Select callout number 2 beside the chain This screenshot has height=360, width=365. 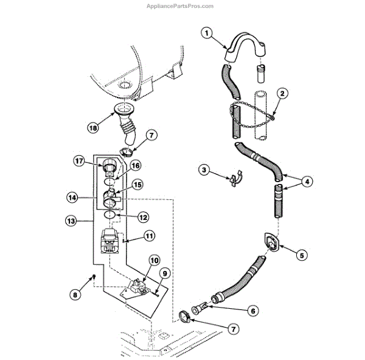click(x=282, y=93)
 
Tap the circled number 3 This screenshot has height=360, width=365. click(x=204, y=170)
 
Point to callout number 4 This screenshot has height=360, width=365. click(x=307, y=181)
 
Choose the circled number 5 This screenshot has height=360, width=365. click(x=301, y=256)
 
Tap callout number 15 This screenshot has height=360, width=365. click(x=137, y=184)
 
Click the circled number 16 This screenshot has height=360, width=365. click(x=136, y=164)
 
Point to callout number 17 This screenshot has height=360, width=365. click(x=78, y=161)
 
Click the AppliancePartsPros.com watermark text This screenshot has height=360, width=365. click(x=181, y=7)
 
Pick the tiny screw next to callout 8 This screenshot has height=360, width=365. click(x=95, y=277)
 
